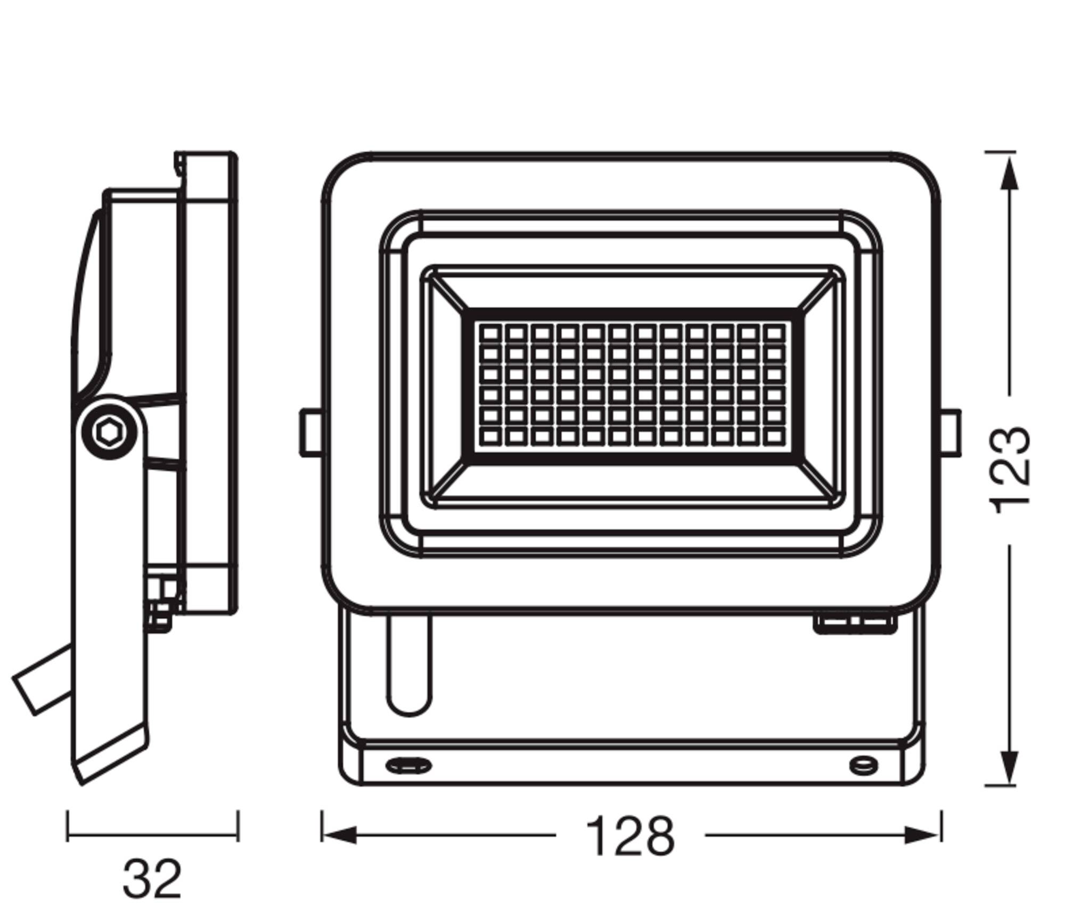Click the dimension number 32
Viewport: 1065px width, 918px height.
pyautogui.click(x=152, y=879)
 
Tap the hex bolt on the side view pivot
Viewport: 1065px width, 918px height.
pyautogui.click(x=109, y=432)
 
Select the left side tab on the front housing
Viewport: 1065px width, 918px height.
pyautogui.click(x=310, y=432)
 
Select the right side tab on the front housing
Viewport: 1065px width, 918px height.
pyautogui.click(x=950, y=432)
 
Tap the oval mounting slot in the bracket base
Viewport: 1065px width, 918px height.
pyautogui.click(x=408, y=766)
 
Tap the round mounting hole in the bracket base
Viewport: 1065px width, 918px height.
pyautogui.click(x=863, y=765)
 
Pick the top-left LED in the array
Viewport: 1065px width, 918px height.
pyautogui.click(x=490, y=334)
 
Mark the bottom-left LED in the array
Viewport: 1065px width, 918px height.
pyautogui.click(x=490, y=437)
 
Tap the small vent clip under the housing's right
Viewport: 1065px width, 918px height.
pyautogui.click(x=855, y=624)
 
